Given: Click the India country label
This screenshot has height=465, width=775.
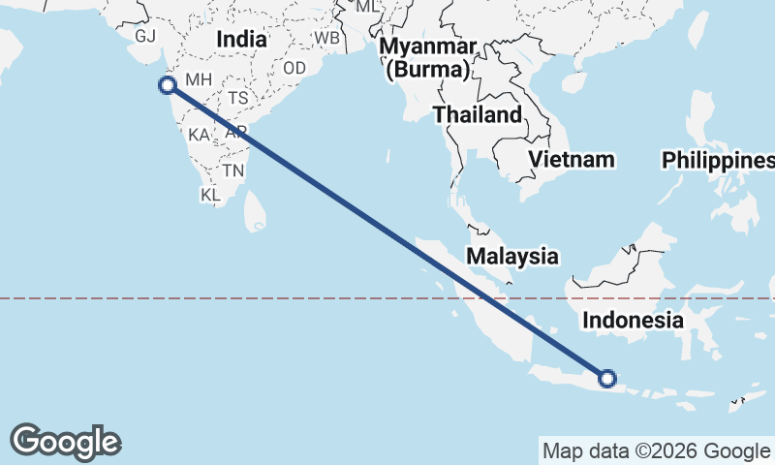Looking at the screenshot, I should [x=241, y=40].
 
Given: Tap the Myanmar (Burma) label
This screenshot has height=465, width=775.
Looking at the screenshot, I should [x=427, y=58].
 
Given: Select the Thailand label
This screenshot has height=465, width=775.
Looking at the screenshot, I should [x=477, y=114].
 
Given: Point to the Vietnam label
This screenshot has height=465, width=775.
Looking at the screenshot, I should [x=573, y=159].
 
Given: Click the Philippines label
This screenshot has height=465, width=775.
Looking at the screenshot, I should [x=718, y=161].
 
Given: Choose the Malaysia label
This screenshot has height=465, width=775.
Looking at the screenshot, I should [x=512, y=257].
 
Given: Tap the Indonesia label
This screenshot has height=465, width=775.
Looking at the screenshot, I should [x=634, y=320].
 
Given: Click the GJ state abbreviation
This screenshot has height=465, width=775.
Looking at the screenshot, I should [x=145, y=36].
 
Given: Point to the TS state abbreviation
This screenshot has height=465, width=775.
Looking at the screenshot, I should [x=238, y=99].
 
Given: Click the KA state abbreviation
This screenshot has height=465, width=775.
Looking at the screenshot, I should [x=199, y=135].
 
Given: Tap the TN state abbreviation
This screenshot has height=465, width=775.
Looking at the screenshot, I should [x=232, y=170].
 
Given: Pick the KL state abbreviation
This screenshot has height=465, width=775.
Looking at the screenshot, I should [x=211, y=195].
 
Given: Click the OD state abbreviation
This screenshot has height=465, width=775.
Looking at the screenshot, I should [x=294, y=68].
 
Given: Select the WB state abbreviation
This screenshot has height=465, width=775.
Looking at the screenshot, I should [x=327, y=38].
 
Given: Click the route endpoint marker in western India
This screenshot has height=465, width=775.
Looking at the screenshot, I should [x=167, y=84].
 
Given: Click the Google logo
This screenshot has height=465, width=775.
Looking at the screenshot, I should [x=66, y=442].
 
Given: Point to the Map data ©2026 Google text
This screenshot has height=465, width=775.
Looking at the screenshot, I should [x=655, y=450].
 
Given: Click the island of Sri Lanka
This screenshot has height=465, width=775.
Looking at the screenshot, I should [x=255, y=212].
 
